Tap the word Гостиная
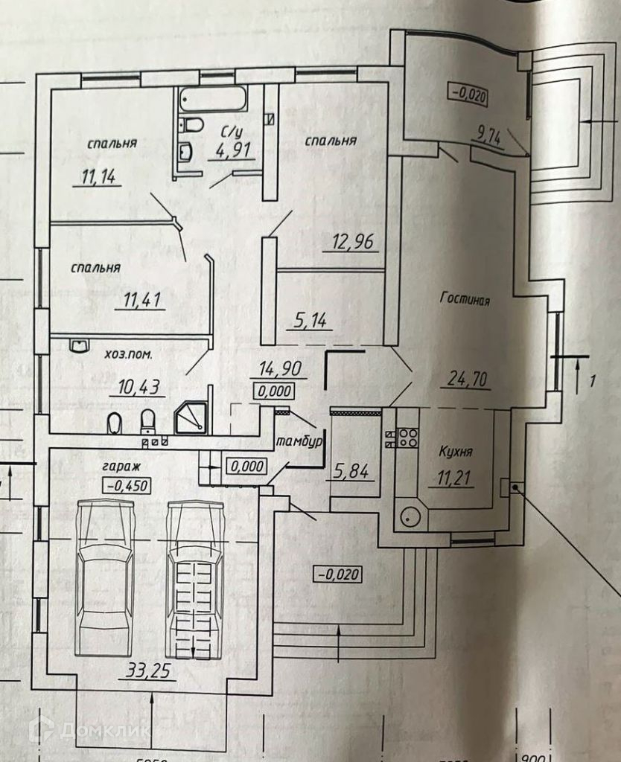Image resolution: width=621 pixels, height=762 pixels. click(465, 301)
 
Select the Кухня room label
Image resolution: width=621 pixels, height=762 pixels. click(456, 451)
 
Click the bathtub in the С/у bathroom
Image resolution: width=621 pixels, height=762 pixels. click(213, 98)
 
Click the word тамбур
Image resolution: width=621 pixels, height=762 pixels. click(299, 441)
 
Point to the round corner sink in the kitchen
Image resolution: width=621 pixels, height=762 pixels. click(408, 516)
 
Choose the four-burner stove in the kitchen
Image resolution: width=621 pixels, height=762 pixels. click(407, 435)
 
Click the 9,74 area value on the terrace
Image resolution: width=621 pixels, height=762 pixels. click(489, 135)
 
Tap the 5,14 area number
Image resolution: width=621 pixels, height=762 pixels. click(308, 321)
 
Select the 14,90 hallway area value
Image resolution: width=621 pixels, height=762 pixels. click(274, 368)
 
